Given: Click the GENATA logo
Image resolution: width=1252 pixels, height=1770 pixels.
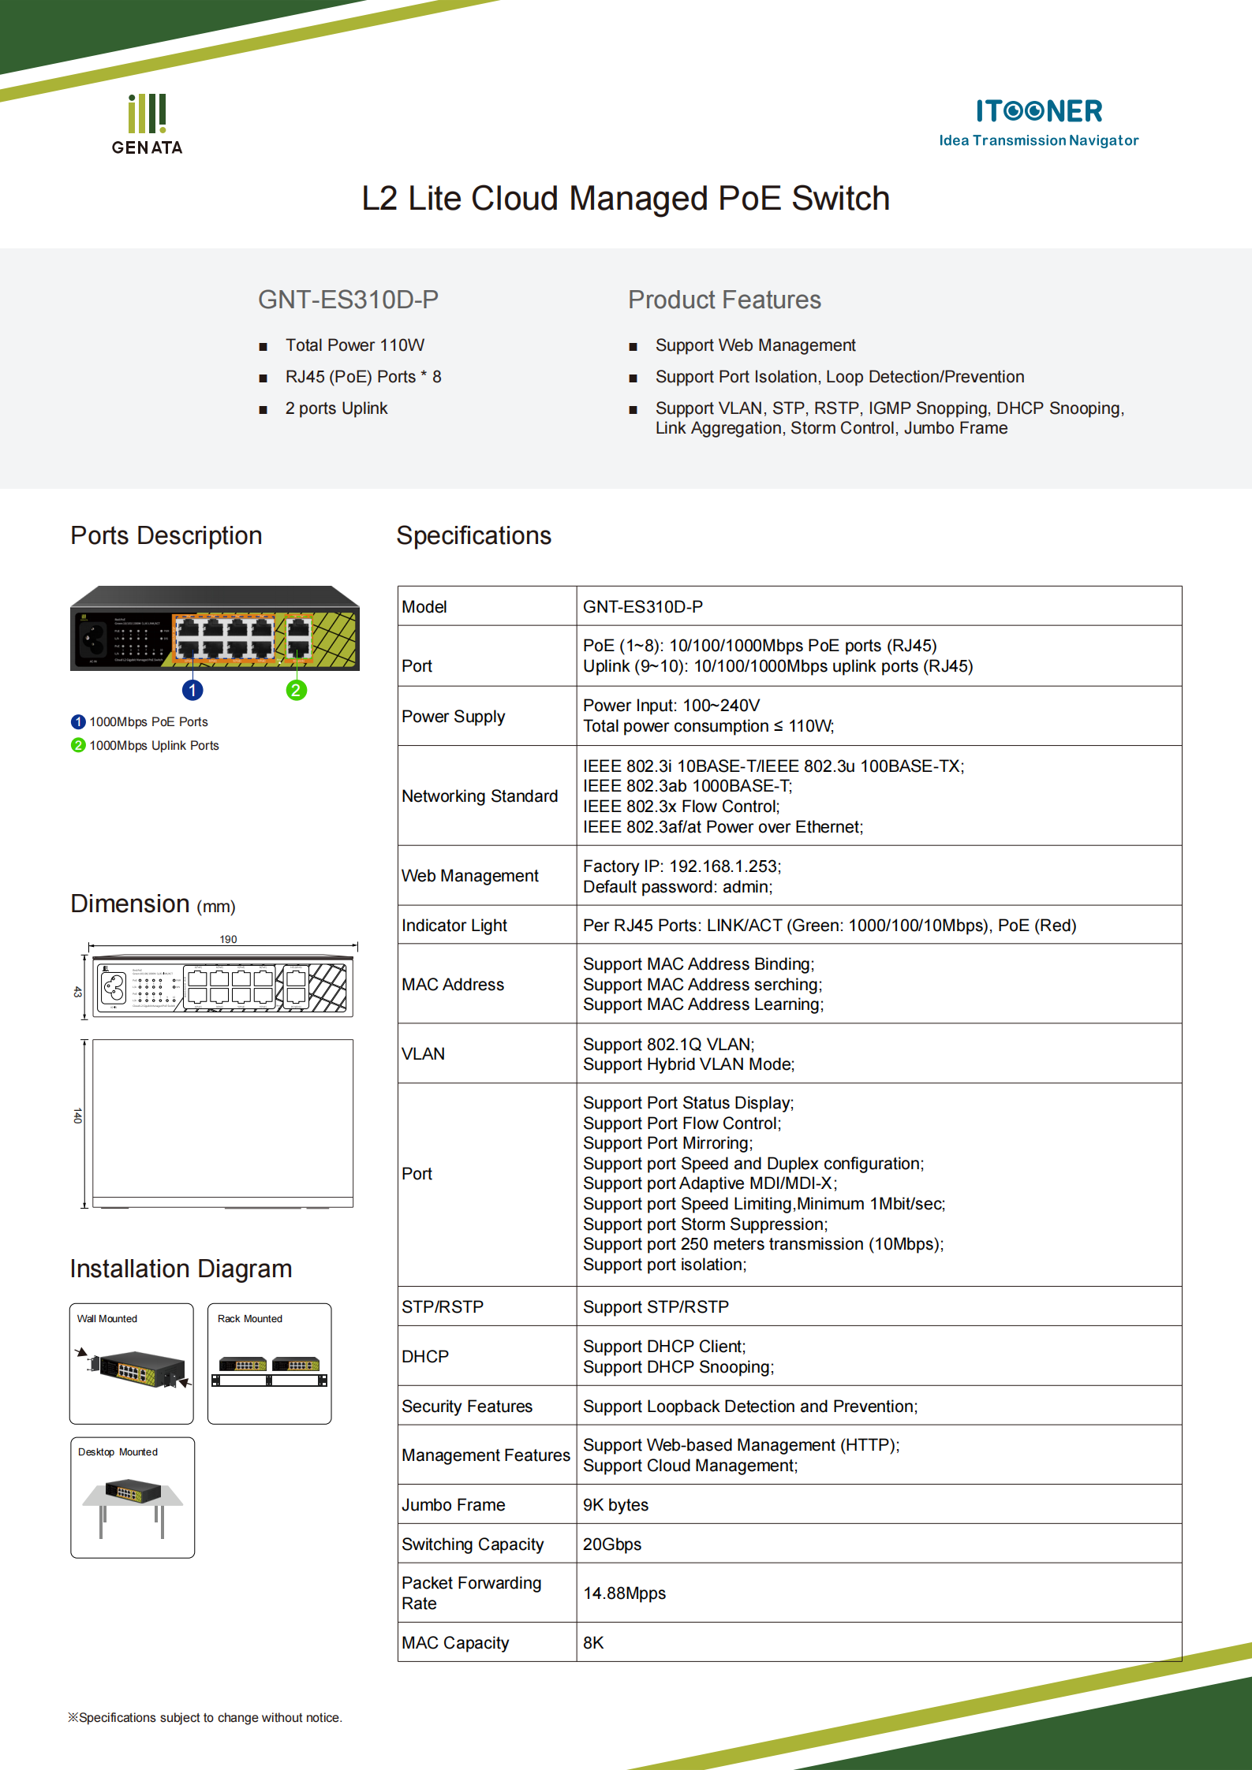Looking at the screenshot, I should tap(147, 125).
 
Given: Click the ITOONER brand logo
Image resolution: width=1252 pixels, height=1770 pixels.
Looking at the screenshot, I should tap(1038, 121).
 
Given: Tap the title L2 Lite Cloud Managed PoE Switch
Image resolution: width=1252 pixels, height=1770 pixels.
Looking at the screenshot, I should tap(626, 199).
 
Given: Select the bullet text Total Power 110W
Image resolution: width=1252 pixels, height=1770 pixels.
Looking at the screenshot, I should tap(354, 345).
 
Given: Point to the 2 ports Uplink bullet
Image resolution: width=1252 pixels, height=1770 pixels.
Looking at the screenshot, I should tap(336, 408).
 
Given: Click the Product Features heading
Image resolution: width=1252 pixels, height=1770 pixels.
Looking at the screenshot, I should tap(724, 300).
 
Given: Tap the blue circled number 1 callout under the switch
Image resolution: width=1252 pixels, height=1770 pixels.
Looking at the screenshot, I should tap(192, 691).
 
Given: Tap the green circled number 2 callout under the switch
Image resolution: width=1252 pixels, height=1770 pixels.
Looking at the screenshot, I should tap(296, 691).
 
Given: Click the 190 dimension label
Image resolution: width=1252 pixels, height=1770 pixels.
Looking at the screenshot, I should tap(228, 939).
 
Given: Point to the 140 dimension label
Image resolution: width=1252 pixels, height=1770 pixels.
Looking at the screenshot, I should tap(77, 1116).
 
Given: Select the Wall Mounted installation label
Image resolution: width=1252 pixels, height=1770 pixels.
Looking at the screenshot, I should tap(107, 1318).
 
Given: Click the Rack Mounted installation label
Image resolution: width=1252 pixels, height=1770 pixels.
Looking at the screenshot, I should tap(250, 1318).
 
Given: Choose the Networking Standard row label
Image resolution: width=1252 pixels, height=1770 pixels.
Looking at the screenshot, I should tap(480, 796).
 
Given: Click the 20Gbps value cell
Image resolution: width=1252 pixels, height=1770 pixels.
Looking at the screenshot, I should tap(612, 1545).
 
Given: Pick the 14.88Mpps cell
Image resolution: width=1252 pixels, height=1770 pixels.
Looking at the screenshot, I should tap(625, 1593).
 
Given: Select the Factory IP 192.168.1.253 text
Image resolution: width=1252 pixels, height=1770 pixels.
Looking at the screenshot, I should tap(682, 866).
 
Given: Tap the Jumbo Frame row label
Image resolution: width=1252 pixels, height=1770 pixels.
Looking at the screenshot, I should tap(454, 1505).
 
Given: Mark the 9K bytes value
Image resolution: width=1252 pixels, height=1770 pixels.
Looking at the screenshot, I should tap(615, 1505).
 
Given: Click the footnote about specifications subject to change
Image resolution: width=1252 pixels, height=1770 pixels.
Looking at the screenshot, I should tap(205, 1717).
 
